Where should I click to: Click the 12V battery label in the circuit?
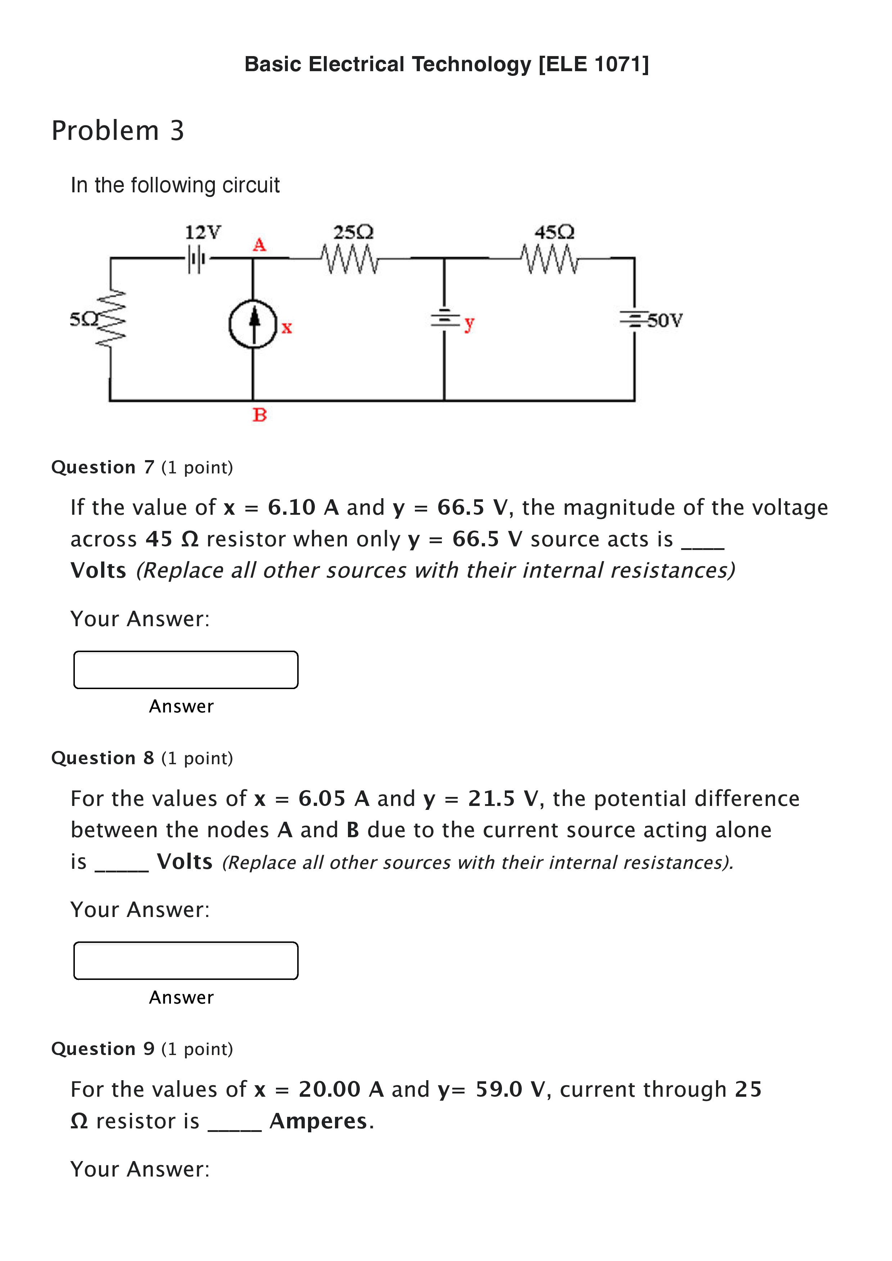[x=203, y=232]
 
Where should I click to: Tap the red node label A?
[x=259, y=244]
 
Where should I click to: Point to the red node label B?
[x=259, y=415]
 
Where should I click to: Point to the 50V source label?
[x=665, y=320]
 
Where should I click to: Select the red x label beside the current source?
[x=286, y=328]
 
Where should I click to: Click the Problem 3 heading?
[x=118, y=131]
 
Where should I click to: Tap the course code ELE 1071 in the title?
[x=594, y=64]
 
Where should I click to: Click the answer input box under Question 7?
[x=186, y=669]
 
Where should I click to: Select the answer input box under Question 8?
[x=186, y=960]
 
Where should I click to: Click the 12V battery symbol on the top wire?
[x=196, y=258]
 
